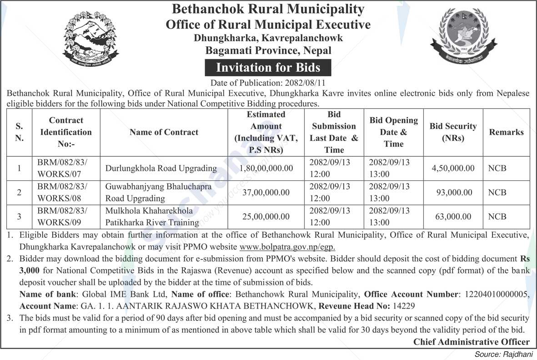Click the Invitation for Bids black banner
[268, 68]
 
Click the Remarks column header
[506, 132]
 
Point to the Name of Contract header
[164, 132]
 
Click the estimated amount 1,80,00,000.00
[266, 168]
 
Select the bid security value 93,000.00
[453, 192]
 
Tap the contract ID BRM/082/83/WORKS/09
[62, 216]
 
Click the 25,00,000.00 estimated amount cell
[266, 217]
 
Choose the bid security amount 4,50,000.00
[453, 168]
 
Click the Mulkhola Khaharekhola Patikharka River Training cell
[152, 217]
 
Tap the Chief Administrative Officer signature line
[471, 342]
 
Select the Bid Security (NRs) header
[453, 132]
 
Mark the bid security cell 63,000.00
[453, 217]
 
